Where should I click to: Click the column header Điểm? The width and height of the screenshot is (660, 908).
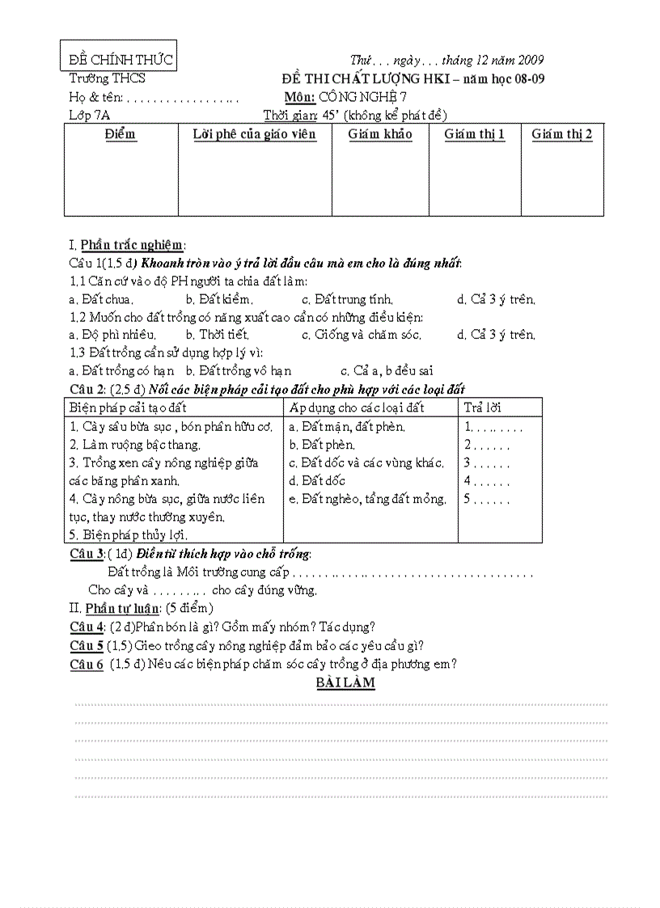pyautogui.click(x=121, y=133)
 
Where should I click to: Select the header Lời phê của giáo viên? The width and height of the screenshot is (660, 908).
pyautogui.click(x=255, y=134)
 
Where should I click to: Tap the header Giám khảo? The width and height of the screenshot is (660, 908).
pyautogui.click(x=380, y=134)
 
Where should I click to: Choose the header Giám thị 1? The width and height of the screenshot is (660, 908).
pyautogui.click(x=475, y=134)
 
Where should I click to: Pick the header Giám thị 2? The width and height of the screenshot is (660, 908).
pyautogui.click(x=562, y=134)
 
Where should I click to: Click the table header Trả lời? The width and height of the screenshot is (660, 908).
pyautogui.click(x=483, y=408)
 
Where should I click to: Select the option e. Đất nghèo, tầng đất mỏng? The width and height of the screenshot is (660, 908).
pyautogui.click(x=367, y=499)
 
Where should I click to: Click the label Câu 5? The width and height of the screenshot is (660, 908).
pyautogui.click(x=87, y=645)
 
